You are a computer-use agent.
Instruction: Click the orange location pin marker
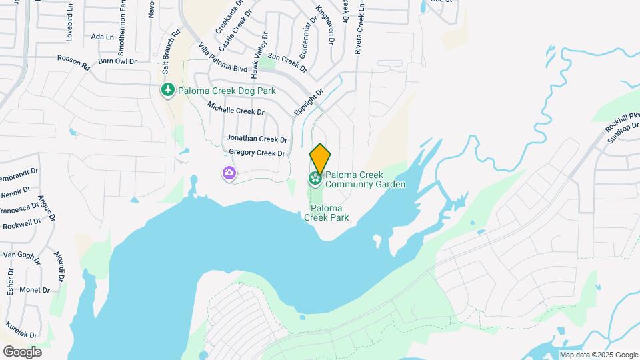tap(320, 159)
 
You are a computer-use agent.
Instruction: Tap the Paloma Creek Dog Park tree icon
tap(167, 90)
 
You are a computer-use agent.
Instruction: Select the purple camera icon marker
tap(229, 174)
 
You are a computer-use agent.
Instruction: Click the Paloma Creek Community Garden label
tap(365, 179)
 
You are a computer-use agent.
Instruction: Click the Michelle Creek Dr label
tap(235, 108)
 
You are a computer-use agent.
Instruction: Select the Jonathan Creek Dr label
tap(257, 139)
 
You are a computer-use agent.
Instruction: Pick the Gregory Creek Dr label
tap(257, 153)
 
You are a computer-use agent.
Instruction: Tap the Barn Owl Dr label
tap(117, 61)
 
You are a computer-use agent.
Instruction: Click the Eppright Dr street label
tap(309, 101)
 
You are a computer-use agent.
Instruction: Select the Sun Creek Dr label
tap(287, 63)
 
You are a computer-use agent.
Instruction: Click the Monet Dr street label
tap(35, 289)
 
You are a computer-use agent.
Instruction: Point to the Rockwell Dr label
tap(22, 225)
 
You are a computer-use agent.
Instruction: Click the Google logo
tap(22, 351)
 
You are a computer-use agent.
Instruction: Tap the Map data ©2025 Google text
tap(599, 355)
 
